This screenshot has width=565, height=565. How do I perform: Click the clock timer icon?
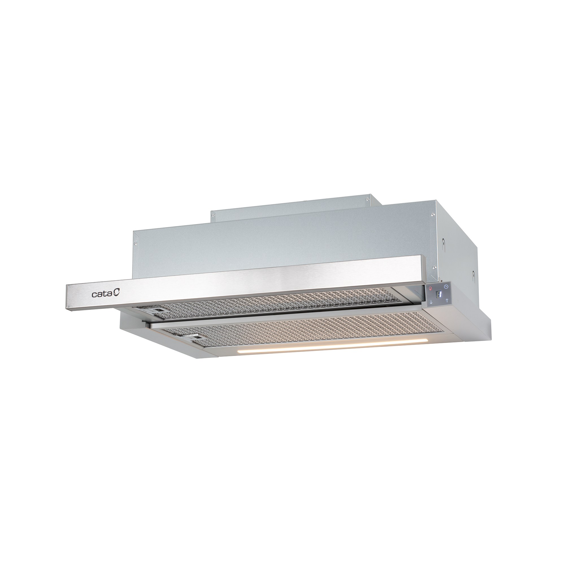pos(446,286)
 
